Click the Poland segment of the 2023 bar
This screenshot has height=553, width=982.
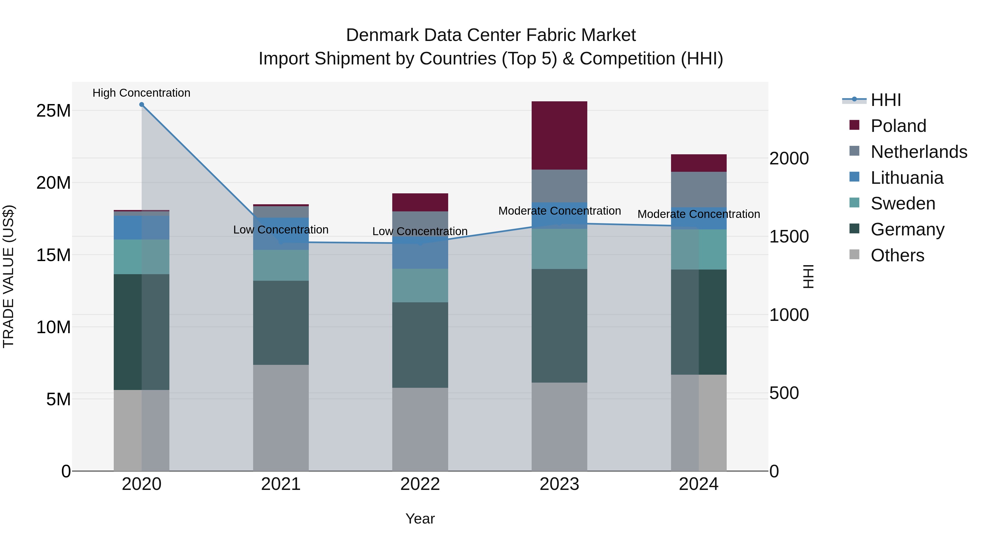click(559, 135)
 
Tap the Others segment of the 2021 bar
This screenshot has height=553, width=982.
click(281, 418)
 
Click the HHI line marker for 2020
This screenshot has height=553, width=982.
click(141, 105)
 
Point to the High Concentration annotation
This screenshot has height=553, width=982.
click(141, 93)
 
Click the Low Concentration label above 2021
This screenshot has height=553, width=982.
click(281, 230)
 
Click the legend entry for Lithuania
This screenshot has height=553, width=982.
click(906, 178)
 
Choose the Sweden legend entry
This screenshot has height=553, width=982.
click(903, 203)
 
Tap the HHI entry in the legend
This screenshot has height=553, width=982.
click(885, 100)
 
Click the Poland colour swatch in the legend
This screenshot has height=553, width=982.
click(854, 125)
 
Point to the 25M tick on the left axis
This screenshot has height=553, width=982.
click(53, 111)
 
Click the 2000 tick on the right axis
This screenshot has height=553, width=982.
click(789, 158)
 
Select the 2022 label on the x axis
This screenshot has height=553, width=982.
click(420, 484)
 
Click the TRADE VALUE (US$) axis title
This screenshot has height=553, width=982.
click(8, 276)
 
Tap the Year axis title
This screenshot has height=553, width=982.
click(420, 519)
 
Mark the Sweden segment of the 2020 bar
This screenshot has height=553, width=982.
click(141, 257)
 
